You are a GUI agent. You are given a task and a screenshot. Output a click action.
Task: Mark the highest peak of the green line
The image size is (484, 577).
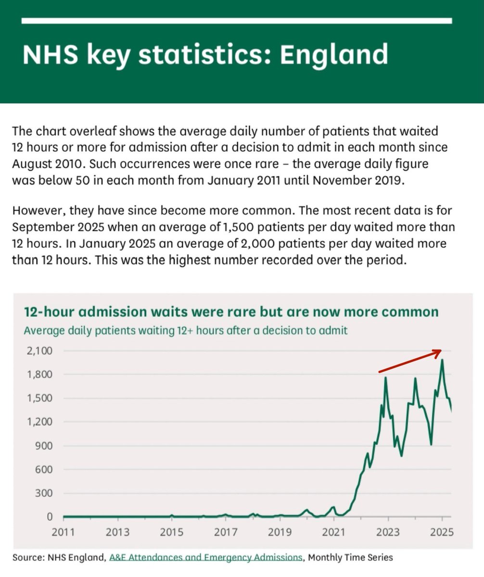pyautogui.click(x=442, y=360)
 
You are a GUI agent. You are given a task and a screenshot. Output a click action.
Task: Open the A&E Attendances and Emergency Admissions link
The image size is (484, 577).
pyautogui.click(x=206, y=558)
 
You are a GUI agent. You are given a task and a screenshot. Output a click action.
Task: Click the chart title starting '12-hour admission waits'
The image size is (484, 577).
pyautogui.click(x=231, y=312)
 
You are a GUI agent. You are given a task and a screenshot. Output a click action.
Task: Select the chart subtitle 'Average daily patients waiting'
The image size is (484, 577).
pyautogui.click(x=185, y=331)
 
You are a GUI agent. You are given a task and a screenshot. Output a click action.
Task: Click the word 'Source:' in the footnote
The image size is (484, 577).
pyautogui.click(x=28, y=558)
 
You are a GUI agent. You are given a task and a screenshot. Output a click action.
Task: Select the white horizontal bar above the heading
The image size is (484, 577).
pyautogui.click(x=237, y=21)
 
